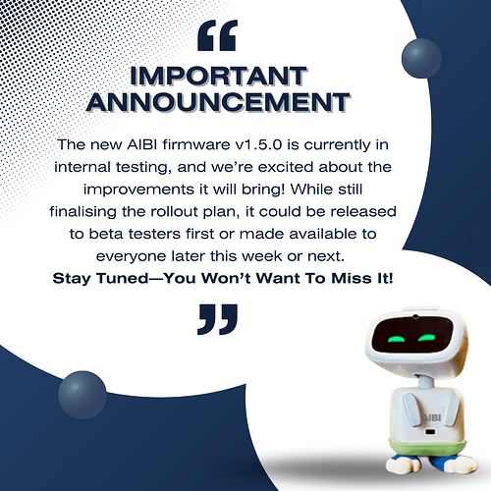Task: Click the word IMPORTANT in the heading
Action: coord(217,76)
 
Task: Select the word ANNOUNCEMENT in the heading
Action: coord(217,100)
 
